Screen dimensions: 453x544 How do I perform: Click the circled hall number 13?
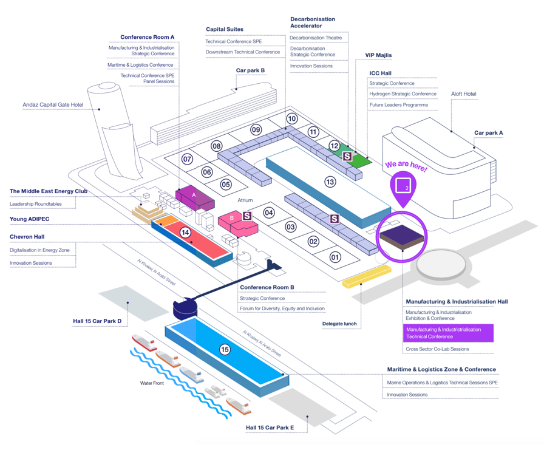point(330,182)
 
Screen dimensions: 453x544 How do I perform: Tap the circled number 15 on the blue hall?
point(225,349)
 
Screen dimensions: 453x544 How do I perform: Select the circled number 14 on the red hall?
point(185,232)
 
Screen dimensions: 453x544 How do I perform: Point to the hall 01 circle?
point(335,257)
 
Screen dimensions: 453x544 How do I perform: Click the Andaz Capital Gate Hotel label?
point(53,104)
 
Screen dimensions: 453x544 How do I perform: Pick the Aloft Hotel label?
point(464,94)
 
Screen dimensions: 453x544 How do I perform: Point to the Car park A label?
point(488,132)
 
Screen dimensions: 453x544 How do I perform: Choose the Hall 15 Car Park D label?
point(97,321)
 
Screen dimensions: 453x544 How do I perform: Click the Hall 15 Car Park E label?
point(270,427)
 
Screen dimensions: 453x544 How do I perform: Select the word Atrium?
point(245,200)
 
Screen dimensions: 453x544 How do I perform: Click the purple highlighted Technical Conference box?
point(448,333)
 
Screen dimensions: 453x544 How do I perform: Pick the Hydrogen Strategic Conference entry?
point(403,94)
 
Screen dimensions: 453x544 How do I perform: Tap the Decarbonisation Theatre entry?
point(316,38)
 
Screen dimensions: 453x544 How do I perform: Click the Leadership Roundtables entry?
point(36,204)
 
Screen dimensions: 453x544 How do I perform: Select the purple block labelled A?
point(194,196)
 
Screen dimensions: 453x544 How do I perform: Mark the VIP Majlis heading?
point(378,55)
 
